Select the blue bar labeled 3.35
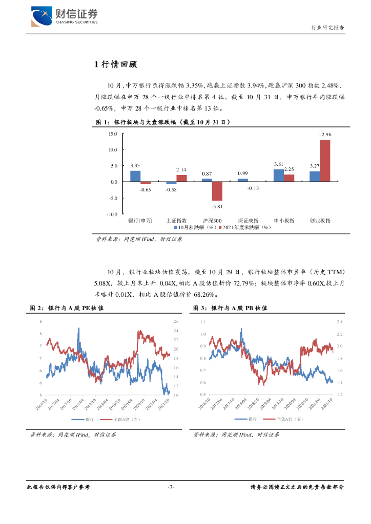coord(135,176)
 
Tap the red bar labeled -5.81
coord(217,191)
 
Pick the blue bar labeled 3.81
coord(278,176)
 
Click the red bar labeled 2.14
coord(181,178)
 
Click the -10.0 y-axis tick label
coord(112,214)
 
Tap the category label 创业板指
coord(320,221)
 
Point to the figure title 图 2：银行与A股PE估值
coord(67,309)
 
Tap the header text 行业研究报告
coord(328,28)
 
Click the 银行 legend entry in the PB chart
coord(252,419)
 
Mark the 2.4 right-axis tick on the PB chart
coord(339,322)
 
